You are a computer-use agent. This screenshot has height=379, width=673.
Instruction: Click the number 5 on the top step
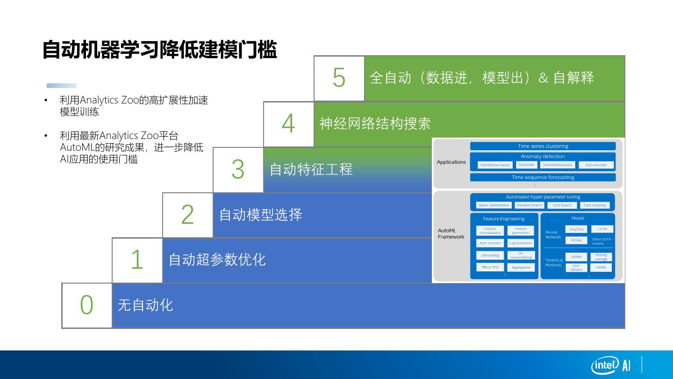[x=339, y=78]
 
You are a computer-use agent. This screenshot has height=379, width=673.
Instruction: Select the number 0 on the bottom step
[x=87, y=305]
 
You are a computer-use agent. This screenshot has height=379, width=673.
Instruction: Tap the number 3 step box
[x=238, y=169]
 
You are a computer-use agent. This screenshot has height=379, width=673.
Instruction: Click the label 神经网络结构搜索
[x=375, y=124]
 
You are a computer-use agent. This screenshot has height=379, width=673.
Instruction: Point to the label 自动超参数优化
[x=217, y=260]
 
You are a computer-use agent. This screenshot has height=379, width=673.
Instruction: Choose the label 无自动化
[x=145, y=305]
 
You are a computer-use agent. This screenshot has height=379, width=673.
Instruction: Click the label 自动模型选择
[x=260, y=215]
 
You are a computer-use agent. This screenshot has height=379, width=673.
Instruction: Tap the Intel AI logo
[x=611, y=365]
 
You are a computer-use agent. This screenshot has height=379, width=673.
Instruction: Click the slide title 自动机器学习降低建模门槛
[x=159, y=50]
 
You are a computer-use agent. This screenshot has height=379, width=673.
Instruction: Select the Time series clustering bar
[x=543, y=146]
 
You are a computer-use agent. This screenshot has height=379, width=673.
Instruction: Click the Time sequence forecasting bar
[x=543, y=177]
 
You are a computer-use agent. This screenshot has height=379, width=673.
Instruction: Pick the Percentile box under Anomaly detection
[x=526, y=165]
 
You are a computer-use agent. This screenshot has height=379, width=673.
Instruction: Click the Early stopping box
[x=594, y=205]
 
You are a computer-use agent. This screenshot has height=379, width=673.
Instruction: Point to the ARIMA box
[x=576, y=256]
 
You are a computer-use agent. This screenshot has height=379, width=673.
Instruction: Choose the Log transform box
[x=521, y=243]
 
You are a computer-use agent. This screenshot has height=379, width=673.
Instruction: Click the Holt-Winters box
[x=576, y=268]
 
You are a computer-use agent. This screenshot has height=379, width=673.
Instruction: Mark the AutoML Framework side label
[x=451, y=233]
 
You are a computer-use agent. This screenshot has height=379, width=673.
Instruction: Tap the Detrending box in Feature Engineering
[x=490, y=255]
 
